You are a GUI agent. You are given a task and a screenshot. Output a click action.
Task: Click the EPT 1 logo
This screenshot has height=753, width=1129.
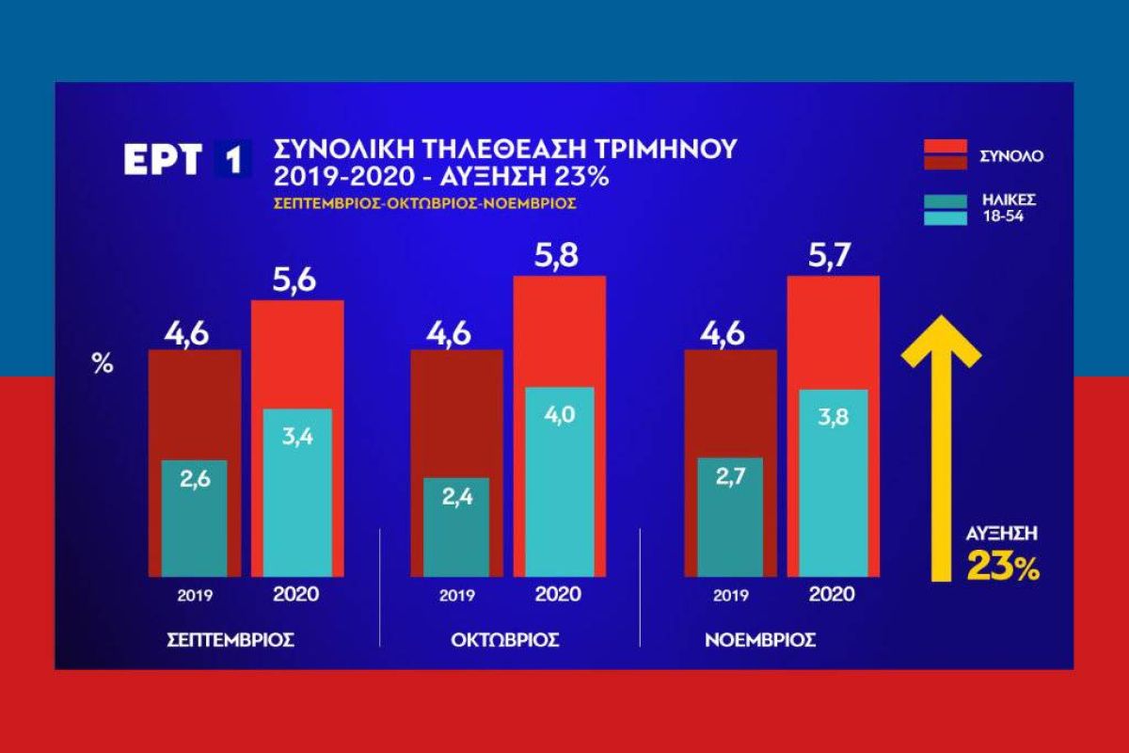(x=188, y=159)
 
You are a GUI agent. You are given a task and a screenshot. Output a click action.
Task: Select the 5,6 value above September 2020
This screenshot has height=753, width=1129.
(x=296, y=280)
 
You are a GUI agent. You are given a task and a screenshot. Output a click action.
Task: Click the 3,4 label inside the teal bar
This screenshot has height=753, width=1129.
(x=296, y=438)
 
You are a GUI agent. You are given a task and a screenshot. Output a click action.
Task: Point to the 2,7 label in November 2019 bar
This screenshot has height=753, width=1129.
(x=724, y=477)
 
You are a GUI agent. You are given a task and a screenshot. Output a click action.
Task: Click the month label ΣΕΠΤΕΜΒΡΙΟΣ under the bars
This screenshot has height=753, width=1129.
(x=231, y=640)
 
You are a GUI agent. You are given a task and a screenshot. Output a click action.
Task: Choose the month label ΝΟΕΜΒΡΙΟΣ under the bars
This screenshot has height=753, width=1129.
(x=760, y=640)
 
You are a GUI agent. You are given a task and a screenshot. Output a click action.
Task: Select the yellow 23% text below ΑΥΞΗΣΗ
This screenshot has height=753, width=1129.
(x=1002, y=569)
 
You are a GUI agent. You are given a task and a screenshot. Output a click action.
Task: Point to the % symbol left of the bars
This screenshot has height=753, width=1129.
(x=102, y=365)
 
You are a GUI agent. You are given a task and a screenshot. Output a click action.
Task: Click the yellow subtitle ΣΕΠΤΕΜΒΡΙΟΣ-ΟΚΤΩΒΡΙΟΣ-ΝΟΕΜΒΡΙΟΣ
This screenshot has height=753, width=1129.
(x=424, y=201)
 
